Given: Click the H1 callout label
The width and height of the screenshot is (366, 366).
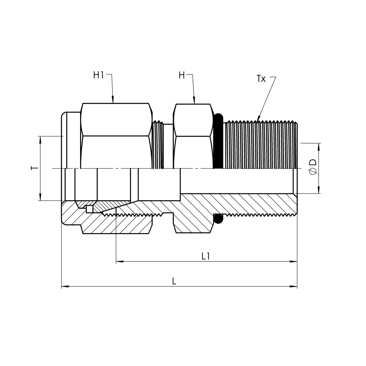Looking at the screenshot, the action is pyautogui.click(x=98, y=75).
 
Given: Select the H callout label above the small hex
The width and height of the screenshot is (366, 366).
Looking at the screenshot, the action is pyautogui.click(x=182, y=75).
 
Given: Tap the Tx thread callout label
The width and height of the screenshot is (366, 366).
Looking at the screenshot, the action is pyautogui.click(x=261, y=79).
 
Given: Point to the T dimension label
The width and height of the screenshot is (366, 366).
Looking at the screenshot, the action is pyautogui.click(x=34, y=168).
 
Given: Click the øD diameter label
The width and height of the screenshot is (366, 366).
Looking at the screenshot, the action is pyautogui.click(x=313, y=167).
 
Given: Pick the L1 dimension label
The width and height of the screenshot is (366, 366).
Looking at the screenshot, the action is pyautogui.click(x=206, y=257).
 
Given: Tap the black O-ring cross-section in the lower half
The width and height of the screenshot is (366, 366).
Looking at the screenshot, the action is pyautogui.click(x=218, y=219).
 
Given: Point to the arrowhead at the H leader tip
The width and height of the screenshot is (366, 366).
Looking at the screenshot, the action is pyautogui.click(x=194, y=101).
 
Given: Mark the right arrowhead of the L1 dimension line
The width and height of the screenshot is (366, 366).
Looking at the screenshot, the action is pyautogui.click(x=294, y=262).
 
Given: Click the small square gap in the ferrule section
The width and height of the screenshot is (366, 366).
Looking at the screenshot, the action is pyautogui.click(x=89, y=209).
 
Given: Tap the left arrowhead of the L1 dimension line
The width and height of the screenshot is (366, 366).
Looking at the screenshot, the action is pyautogui.click(x=120, y=262).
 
